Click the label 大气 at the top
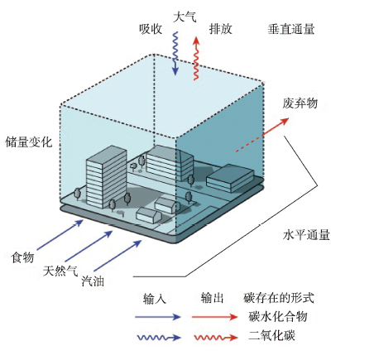point(185,17)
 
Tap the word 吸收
point(151,29)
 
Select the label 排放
point(221,29)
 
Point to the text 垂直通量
point(291,29)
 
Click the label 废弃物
point(300,103)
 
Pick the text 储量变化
point(29,142)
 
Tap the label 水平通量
point(306,235)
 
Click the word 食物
point(22,257)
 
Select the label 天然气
point(60,271)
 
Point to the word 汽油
point(93,281)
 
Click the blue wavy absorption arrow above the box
point(175,53)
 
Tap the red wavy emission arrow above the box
point(196,59)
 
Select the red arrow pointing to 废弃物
point(262,135)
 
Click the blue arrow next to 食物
point(60,235)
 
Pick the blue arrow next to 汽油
point(117,256)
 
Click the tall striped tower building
point(106,176)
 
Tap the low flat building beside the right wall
point(230,178)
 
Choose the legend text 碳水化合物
point(278,317)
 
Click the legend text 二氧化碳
point(272,336)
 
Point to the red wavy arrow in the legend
point(215,338)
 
